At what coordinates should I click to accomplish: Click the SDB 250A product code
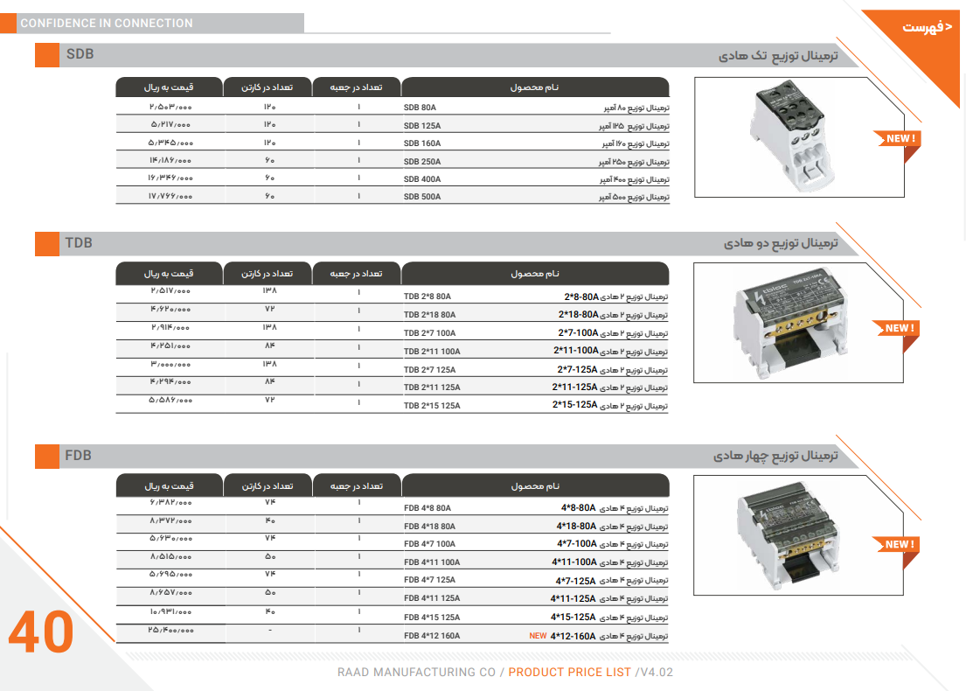pos(422,162)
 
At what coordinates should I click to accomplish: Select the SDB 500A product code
pos(422,197)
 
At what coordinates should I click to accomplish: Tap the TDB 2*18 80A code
pos(429,315)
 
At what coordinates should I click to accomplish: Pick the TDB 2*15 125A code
pos(432,406)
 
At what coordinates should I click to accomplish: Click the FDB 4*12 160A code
pos(432,636)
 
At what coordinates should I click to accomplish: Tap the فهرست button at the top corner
pos(927,28)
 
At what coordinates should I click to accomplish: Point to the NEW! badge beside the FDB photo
pos(897,544)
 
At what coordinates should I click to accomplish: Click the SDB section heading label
pos(80,55)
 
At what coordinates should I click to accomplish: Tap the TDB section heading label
pos(79,242)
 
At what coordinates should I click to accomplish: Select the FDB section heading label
pos(78,456)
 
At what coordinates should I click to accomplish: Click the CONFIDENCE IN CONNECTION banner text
pos(107,24)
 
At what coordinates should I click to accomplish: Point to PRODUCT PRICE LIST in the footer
pos(569,673)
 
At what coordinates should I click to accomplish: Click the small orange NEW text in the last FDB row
pos(538,636)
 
